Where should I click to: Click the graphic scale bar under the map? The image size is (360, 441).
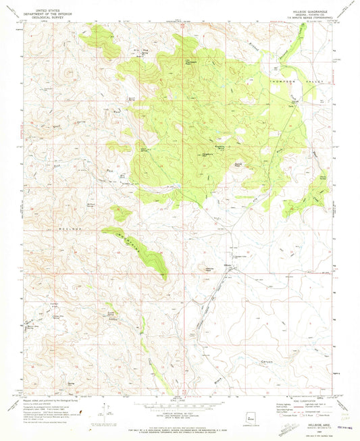[x=179, y=405]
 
